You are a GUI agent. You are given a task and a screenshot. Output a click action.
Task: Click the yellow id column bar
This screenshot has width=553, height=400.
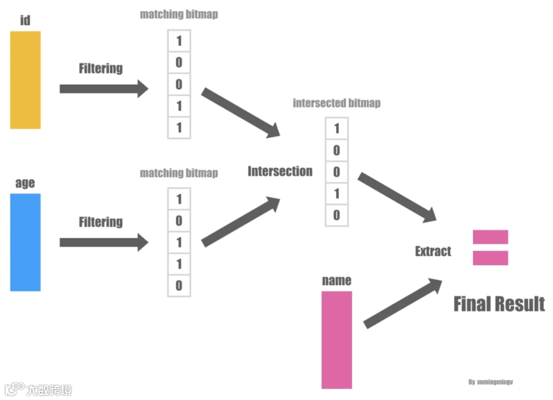tap(25, 80)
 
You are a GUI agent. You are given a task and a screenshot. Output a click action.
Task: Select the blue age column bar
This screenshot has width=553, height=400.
tap(25, 242)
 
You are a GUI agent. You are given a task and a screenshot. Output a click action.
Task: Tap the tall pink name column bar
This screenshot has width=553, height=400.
tap(336, 340)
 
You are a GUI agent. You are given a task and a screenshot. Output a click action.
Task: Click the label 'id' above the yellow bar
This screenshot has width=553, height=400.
tap(25, 20)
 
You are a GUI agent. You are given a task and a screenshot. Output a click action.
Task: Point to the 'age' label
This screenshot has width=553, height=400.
tap(25, 183)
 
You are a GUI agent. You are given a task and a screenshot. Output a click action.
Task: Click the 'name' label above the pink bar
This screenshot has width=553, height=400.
tap(336, 280)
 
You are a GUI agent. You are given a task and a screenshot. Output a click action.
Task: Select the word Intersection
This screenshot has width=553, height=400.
tap(280, 171)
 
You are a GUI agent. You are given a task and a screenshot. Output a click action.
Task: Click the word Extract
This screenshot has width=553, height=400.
tap(433, 251)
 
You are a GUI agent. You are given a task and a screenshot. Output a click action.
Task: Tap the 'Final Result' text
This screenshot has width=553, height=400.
tap(499, 304)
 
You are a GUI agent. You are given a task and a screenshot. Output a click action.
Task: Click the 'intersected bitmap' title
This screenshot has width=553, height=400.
tap(336, 103)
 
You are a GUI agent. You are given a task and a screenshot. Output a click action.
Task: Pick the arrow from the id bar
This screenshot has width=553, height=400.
tap(103, 89)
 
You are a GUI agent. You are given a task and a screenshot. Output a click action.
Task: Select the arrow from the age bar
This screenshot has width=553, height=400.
tap(103, 242)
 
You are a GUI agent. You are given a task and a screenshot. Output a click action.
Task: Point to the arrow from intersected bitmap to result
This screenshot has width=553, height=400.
tap(397, 197)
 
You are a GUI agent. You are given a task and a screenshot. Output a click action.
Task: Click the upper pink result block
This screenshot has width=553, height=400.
tap(490, 237)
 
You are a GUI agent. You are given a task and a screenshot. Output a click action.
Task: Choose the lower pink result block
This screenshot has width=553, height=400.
tap(490, 258)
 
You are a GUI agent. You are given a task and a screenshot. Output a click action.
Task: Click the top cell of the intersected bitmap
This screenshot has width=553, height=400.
tap(336, 129)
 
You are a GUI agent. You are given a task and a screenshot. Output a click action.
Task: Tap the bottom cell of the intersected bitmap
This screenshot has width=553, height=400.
tap(336, 215)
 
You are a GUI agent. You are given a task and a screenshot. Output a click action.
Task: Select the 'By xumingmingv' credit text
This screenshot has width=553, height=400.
tap(491, 382)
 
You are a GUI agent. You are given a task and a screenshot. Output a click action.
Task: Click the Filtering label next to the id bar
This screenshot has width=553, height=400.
tap(101, 68)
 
